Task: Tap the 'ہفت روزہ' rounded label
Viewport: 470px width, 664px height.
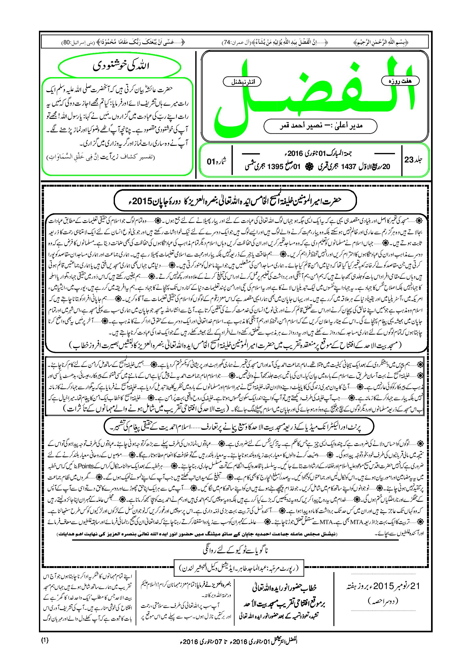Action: tap(400, 81)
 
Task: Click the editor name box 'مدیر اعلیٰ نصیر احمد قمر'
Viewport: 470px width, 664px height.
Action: tap(320, 126)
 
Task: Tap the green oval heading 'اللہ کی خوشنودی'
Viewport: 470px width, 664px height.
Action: tap(120, 66)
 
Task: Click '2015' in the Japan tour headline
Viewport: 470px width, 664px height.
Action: tap(143, 201)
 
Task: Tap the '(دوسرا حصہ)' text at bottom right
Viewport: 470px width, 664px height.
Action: tap(382, 601)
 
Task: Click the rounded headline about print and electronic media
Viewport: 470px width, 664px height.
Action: tap(239, 427)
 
